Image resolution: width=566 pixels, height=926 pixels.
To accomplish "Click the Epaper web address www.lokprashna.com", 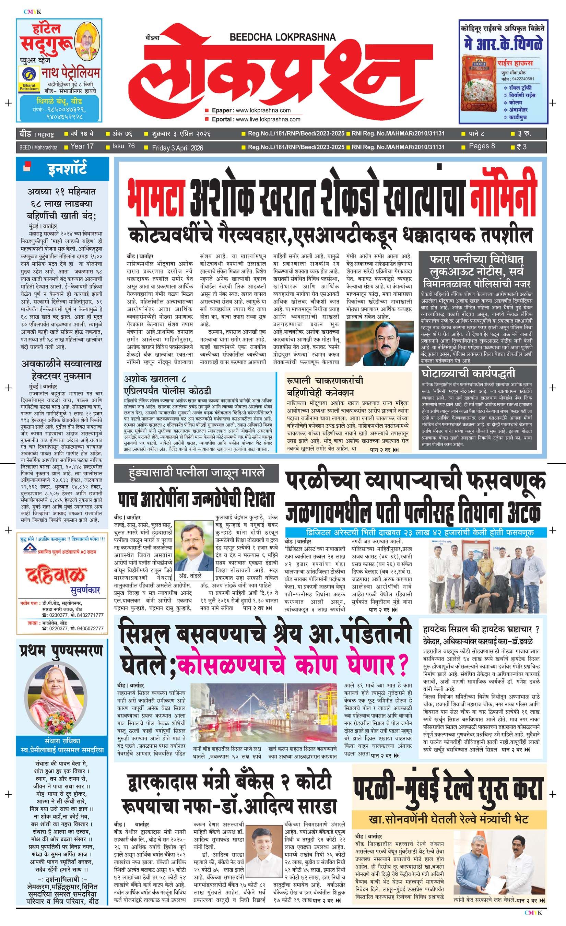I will tap(263, 110).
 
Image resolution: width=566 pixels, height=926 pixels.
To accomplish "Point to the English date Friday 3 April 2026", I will tap(177, 148).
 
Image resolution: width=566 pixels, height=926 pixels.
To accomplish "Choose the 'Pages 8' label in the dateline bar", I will tap(482, 146).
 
